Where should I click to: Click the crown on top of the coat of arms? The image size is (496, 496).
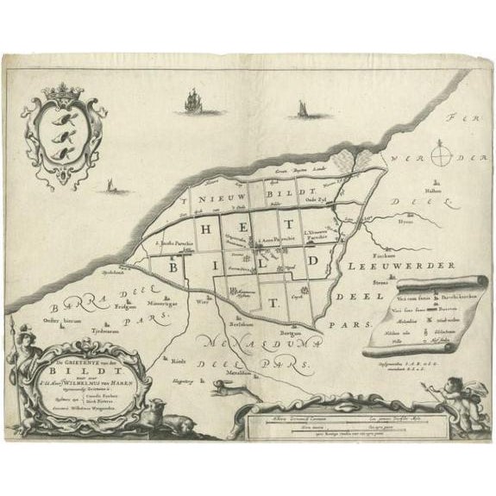pos(60,91)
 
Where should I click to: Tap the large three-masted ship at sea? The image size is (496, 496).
pos(188,103)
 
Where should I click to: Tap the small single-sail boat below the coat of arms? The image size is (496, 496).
pos(109,185)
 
